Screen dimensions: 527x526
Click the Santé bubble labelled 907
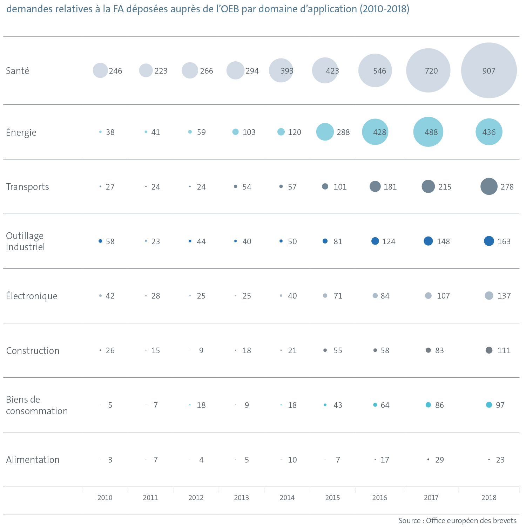click(x=489, y=70)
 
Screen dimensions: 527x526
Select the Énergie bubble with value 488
click(x=428, y=132)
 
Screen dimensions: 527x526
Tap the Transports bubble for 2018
click(x=489, y=186)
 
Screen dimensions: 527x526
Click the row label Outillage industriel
click(x=25, y=241)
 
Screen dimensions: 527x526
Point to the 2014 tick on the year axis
click(x=287, y=498)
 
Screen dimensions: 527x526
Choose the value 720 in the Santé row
click(x=431, y=71)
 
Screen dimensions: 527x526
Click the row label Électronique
click(x=32, y=296)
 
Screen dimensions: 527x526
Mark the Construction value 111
click(x=504, y=350)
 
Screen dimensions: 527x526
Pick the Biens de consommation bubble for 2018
click(x=489, y=405)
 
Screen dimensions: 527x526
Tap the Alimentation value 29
click(x=439, y=460)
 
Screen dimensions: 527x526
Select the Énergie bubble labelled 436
click(x=489, y=132)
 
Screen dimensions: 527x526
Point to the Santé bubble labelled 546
click(x=375, y=70)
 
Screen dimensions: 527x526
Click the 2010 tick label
click(x=105, y=498)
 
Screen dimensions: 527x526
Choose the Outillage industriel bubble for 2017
click(x=428, y=241)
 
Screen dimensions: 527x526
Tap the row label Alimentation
click(x=33, y=460)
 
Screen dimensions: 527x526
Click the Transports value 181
click(x=390, y=187)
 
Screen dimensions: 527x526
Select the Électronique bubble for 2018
click(x=489, y=295)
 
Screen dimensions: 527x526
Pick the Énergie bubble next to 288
click(x=325, y=132)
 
